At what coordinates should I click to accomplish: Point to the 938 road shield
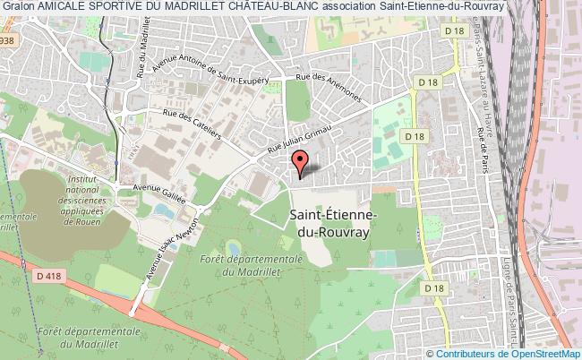pos(8,41)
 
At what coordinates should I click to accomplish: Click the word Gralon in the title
pos(18,6)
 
